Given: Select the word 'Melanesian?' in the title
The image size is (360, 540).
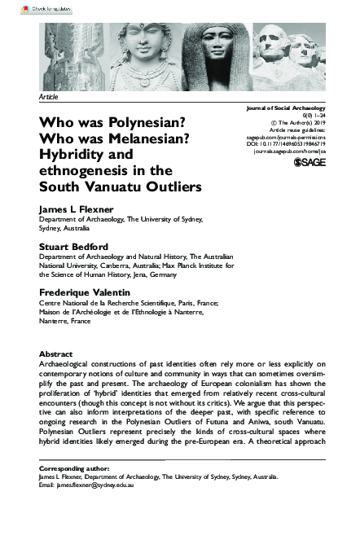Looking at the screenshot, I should [138, 138].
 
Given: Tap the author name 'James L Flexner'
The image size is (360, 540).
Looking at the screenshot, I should [76, 209].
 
